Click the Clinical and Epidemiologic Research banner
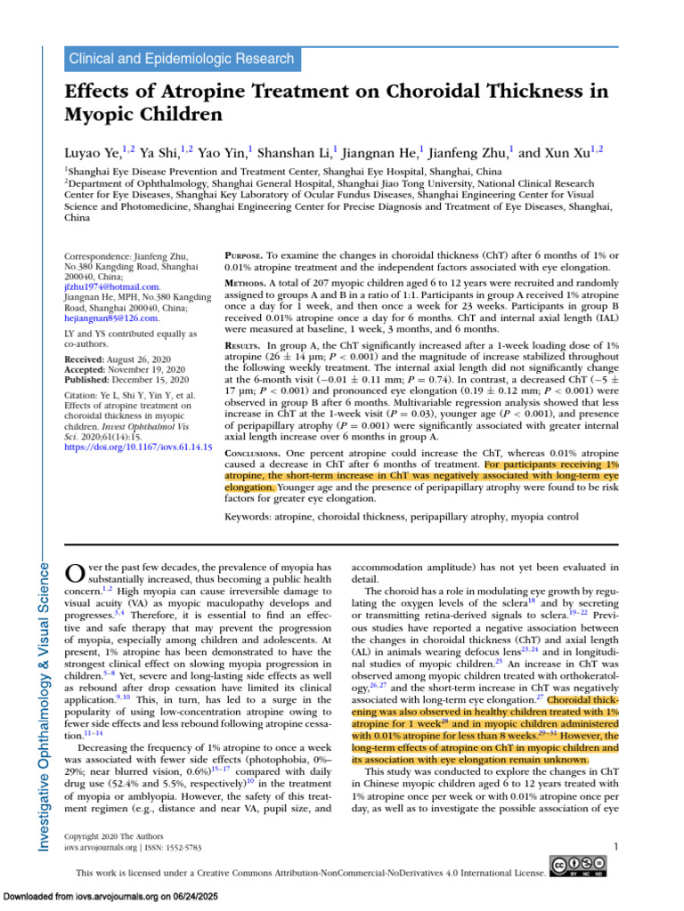(x=181, y=60)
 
